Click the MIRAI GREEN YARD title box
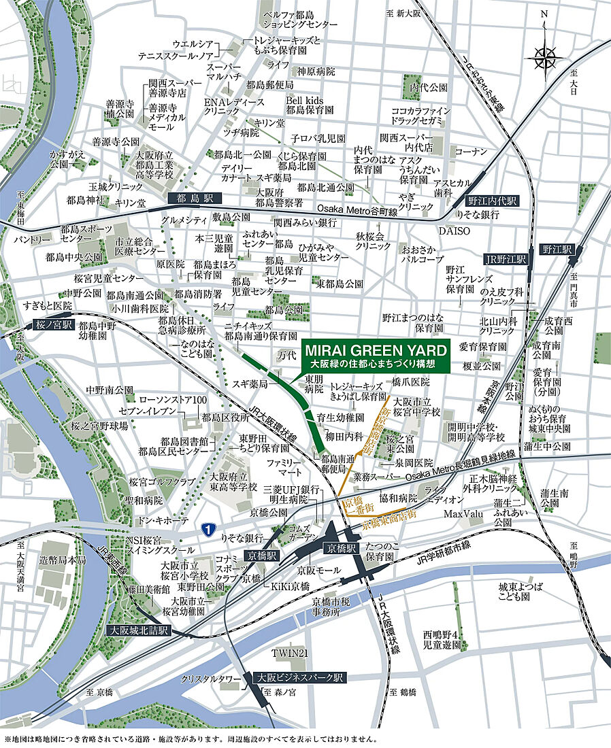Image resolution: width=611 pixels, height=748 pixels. coord(376,356)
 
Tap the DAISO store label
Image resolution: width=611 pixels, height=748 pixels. coord(458,231)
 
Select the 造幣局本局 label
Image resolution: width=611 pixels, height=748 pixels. coord(63,560)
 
